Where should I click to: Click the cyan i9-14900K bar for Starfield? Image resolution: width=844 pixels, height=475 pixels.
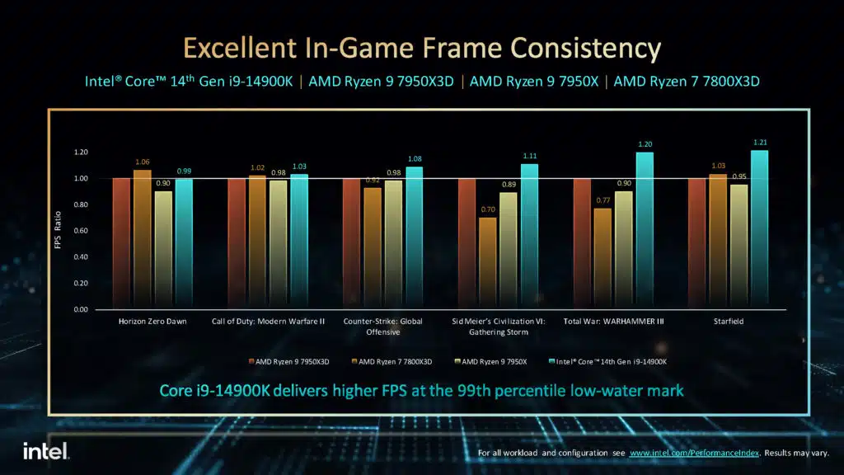[760, 230]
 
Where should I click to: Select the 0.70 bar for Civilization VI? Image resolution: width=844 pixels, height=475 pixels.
[488, 263]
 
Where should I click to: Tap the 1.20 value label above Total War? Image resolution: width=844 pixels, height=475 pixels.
[645, 143]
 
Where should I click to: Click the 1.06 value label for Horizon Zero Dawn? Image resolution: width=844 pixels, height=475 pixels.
[143, 162]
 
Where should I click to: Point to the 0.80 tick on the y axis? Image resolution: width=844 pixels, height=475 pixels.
[80, 205]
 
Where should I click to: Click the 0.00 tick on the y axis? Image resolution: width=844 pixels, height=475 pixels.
[80, 309]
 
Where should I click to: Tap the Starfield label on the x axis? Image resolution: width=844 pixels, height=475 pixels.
[729, 322]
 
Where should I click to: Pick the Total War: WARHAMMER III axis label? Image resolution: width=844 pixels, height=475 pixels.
[613, 322]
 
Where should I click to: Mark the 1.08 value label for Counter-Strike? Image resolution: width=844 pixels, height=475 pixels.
[414, 158]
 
